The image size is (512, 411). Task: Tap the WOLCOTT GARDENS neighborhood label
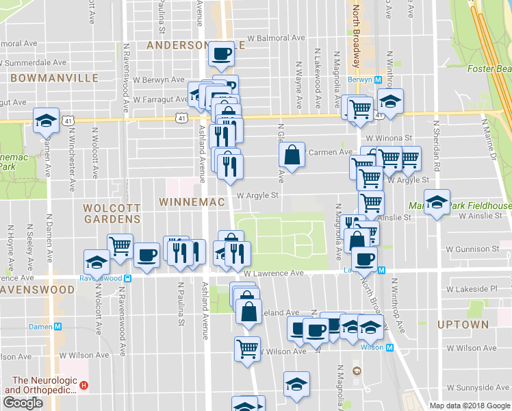click(112, 213)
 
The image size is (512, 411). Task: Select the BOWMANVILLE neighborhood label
click(54, 78)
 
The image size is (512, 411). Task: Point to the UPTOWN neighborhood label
click(463, 324)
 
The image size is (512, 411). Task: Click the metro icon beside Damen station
click(58, 327)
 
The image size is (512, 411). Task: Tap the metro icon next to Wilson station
click(390, 347)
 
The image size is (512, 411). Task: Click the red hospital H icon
click(84, 385)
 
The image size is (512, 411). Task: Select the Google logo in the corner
click(23, 403)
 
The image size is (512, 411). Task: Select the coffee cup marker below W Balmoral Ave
click(220, 53)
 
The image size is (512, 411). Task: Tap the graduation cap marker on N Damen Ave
click(46, 121)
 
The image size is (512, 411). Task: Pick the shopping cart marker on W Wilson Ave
click(247, 348)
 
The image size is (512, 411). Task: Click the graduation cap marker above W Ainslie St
click(436, 202)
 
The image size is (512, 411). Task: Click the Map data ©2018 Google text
click(470, 406)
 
